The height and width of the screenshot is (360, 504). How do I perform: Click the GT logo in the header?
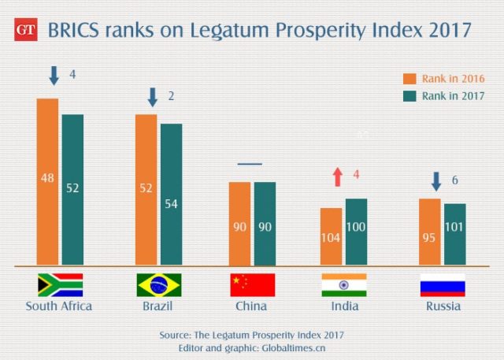coord(26,32)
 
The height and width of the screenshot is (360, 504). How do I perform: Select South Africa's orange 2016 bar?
coord(47,181)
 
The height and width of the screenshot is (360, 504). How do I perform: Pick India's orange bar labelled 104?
coord(331,236)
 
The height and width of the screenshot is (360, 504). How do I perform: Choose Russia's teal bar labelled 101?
coord(455,234)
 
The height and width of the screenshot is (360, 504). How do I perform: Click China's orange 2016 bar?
coord(240,224)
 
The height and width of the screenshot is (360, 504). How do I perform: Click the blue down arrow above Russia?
coord(435,182)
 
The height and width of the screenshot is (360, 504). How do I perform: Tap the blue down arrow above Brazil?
coord(153,98)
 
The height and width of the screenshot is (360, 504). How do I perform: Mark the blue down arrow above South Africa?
coord(54,76)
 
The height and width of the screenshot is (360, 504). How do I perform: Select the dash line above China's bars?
coord(250,164)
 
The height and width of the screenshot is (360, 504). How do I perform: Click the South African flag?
coord(60,284)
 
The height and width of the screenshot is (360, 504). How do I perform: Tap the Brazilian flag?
coord(159,284)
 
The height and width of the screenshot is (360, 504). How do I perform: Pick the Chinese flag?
coord(252,284)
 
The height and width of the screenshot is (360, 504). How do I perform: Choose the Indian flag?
coord(344,284)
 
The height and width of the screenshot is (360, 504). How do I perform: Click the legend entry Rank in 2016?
coord(443,79)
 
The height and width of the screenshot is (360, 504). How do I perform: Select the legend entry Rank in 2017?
coord(443,96)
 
